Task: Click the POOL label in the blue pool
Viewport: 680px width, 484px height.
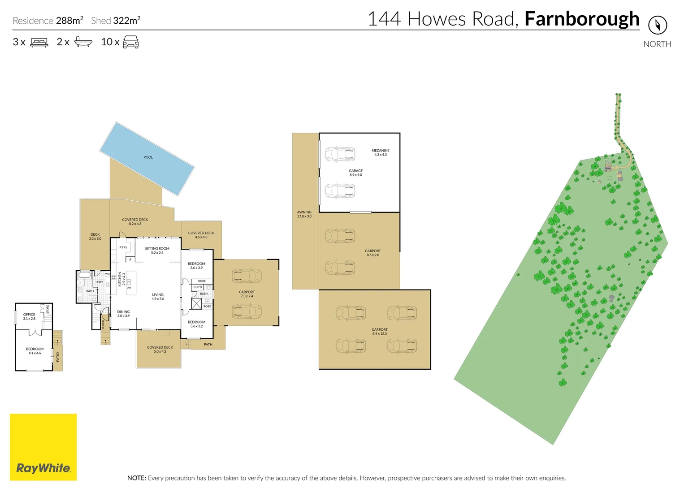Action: (148, 157)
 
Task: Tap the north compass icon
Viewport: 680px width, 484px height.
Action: (657, 25)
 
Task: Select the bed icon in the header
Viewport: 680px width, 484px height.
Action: (39, 42)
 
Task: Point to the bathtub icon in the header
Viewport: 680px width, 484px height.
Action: (83, 42)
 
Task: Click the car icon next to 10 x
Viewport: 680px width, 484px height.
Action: (130, 42)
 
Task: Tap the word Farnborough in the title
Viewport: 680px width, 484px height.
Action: (581, 19)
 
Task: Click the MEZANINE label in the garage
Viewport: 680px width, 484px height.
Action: (380, 152)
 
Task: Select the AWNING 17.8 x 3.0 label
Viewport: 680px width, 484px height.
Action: (304, 214)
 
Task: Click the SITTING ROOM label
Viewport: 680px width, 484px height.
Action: (157, 251)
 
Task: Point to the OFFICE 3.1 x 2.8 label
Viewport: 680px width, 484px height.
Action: (29, 316)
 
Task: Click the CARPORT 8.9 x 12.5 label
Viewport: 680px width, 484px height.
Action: (379, 331)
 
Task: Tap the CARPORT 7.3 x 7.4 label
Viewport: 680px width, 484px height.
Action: (247, 294)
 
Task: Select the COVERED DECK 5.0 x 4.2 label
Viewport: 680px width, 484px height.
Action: (160, 349)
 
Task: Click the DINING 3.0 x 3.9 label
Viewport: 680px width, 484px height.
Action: (123, 313)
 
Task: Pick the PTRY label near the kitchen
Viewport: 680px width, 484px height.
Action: (123, 247)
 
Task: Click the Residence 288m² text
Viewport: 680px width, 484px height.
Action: (48, 21)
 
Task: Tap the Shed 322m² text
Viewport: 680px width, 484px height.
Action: (116, 21)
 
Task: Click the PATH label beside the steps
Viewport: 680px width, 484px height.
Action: (208, 345)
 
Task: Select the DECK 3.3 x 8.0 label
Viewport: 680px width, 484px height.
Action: (95, 236)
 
